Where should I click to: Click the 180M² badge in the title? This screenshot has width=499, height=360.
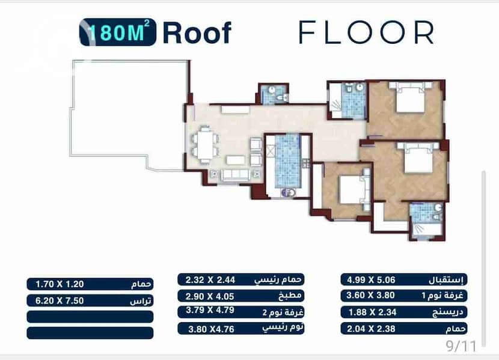point(118,32)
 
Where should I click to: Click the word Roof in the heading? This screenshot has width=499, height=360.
point(197,33)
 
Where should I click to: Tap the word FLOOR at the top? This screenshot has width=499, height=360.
point(366,32)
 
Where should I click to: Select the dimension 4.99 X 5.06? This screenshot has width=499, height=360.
point(371,280)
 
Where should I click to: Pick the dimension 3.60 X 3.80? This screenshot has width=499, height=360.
point(370,296)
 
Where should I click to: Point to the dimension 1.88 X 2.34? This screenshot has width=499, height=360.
point(372,313)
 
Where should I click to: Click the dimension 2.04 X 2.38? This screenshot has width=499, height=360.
point(371,329)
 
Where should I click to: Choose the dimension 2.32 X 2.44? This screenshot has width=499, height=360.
point(210,280)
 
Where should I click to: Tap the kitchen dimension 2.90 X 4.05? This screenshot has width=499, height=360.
point(210,296)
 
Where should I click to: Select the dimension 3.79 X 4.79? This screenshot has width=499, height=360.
point(210,310)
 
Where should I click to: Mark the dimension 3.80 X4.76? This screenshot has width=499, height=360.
point(211,329)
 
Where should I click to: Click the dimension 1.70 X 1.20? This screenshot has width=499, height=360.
point(60,284)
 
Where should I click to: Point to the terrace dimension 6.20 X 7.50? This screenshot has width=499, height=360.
point(60,301)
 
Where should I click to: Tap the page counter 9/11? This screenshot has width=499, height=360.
point(461,346)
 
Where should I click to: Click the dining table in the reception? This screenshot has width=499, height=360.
point(205,144)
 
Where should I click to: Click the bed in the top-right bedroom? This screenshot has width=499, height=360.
point(411,97)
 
